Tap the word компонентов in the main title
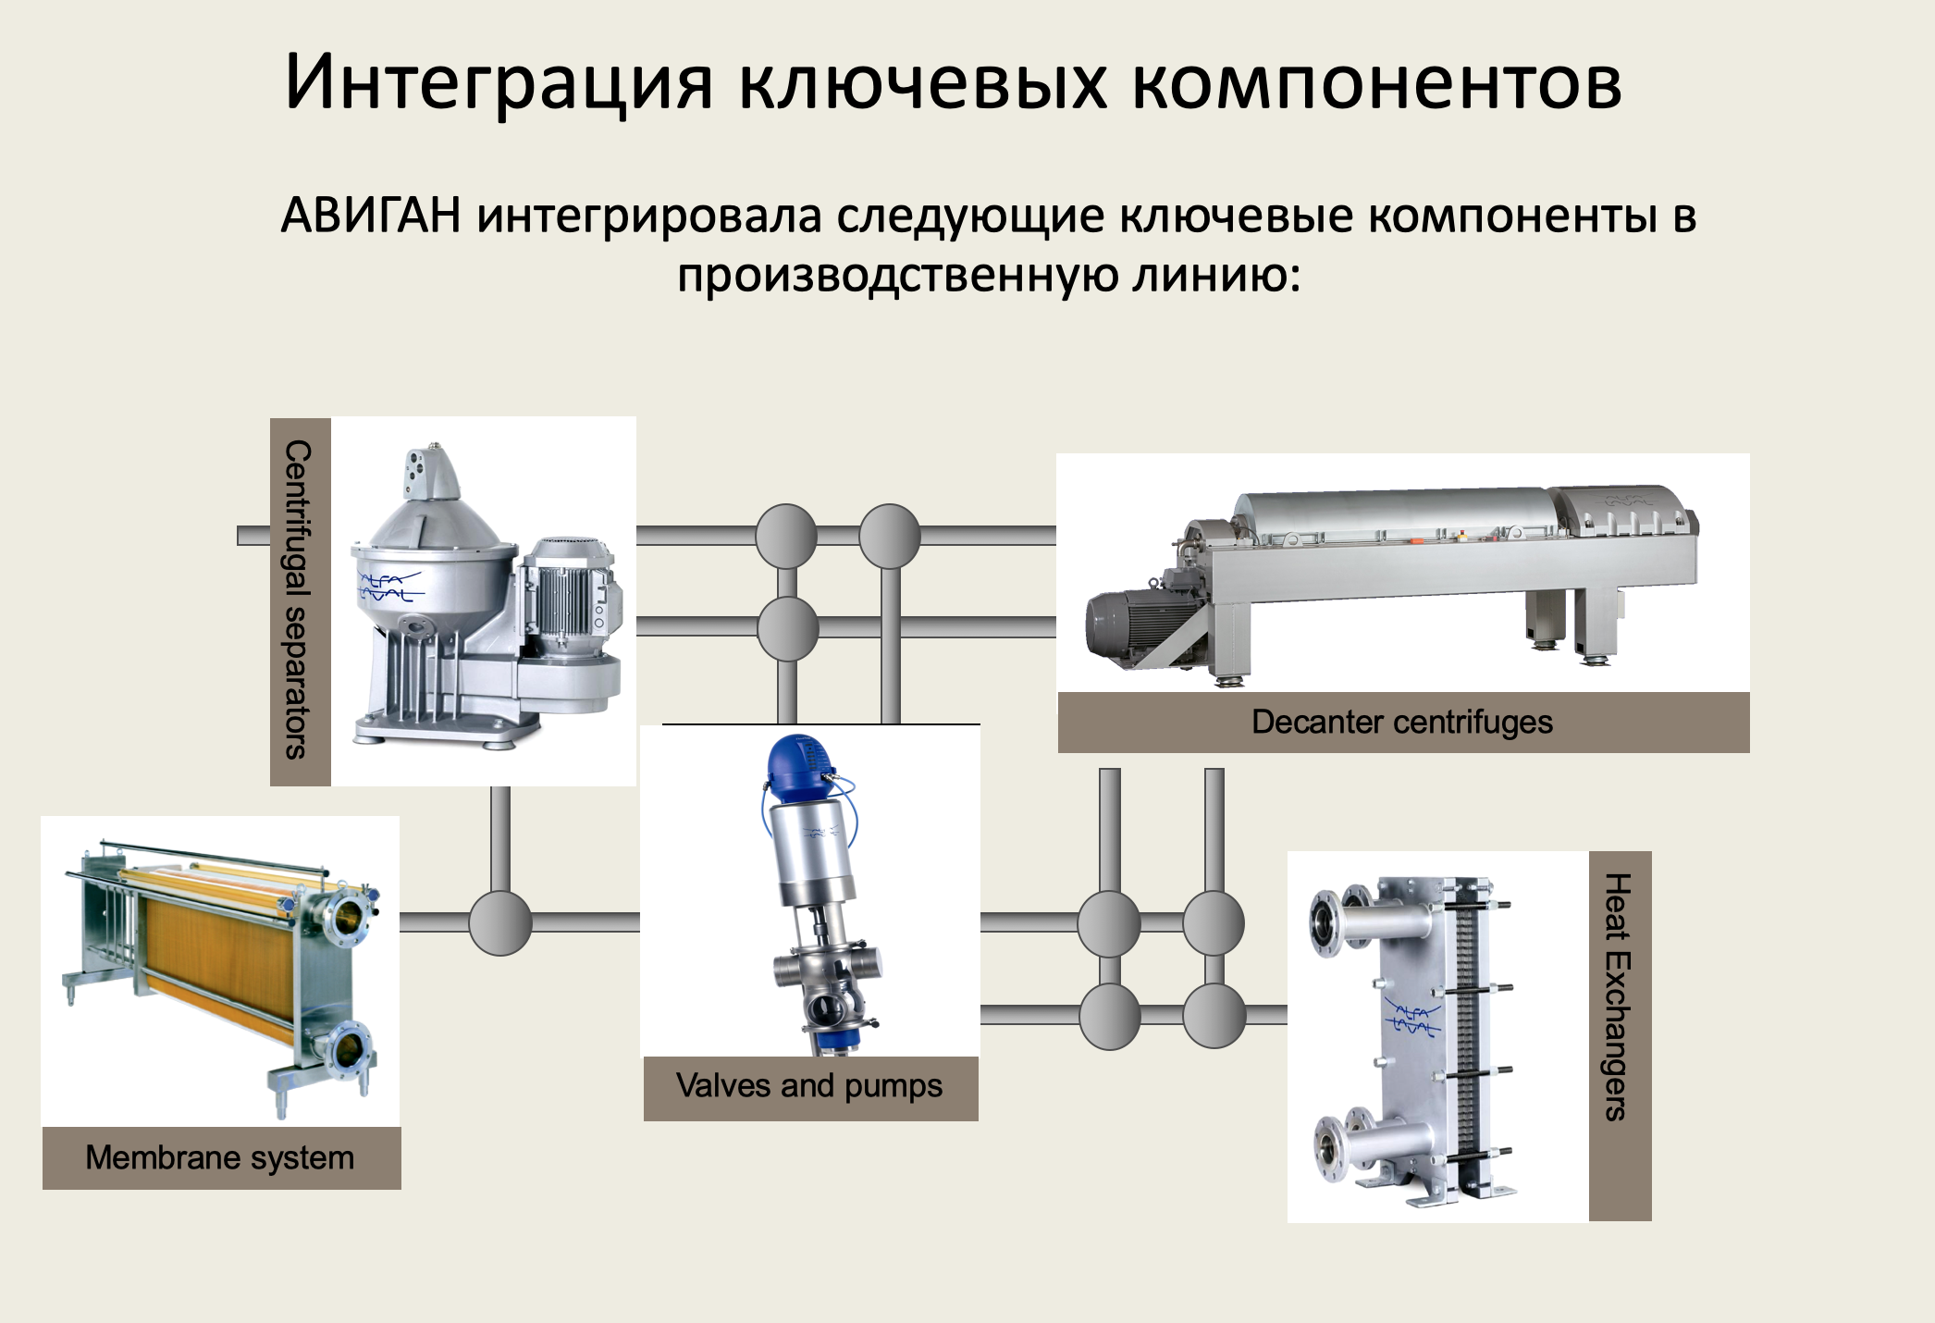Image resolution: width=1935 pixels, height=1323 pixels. tap(1376, 83)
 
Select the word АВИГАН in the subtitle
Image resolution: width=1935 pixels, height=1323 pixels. tap(371, 216)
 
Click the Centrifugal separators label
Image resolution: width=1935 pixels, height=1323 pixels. tap(298, 600)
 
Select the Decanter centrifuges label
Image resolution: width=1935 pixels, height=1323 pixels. tap(1402, 722)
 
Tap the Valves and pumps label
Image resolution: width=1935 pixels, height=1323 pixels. tap(809, 1085)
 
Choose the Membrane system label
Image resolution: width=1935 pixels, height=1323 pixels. tap(220, 1157)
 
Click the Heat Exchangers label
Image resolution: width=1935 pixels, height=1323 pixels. tap(1617, 997)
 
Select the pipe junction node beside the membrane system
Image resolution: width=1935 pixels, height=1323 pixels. tap(500, 922)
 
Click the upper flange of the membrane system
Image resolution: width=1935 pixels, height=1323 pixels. tap(349, 916)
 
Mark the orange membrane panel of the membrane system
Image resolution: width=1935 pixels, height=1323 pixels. tap(217, 953)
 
